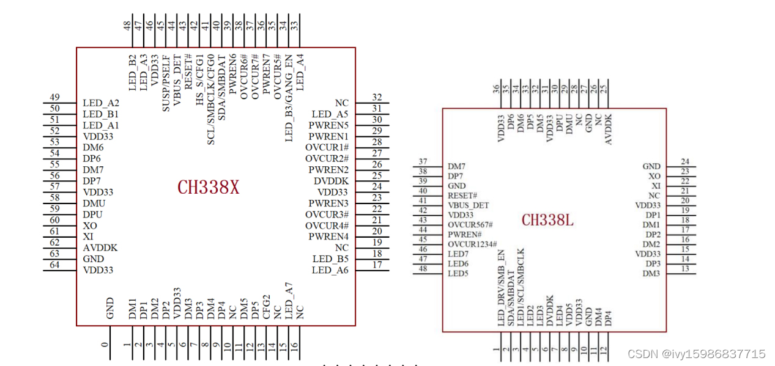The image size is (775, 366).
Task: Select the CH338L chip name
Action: pos(547,220)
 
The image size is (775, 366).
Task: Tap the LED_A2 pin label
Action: pos(101,103)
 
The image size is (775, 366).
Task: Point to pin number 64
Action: pos(54,265)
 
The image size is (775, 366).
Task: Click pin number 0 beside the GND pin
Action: pos(105,345)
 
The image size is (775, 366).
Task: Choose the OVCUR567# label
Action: pos(470,225)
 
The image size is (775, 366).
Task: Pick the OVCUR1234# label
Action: pos(472,244)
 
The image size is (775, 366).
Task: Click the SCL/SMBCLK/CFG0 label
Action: pos(211,99)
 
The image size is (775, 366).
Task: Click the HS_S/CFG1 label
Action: pos(199,80)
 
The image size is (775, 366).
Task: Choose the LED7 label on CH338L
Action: pos(458,254)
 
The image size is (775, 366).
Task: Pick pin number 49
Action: pos(54,98)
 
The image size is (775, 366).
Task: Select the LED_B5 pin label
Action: pos(330,258)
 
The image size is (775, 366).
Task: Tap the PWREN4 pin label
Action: pos(328,236)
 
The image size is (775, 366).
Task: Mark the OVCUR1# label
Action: pos(327,147)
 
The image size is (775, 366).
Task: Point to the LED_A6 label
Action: pos(330,270)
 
